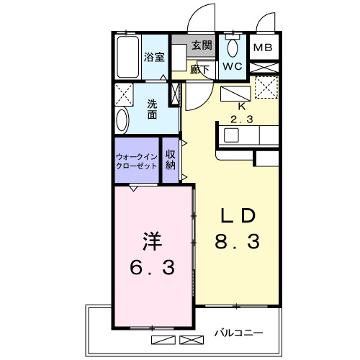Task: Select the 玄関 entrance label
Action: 202,45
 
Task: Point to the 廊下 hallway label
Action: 200,70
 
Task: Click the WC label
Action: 232,67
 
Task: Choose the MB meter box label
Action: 263,49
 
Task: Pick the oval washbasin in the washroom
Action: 122,121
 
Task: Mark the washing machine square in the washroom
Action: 124,94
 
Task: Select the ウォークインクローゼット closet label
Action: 137,160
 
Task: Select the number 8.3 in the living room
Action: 237,243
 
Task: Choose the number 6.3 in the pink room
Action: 152,267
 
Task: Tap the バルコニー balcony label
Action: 238,333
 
